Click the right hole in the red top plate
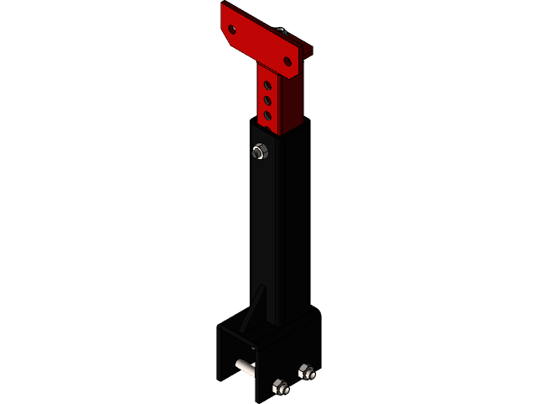click(x=287, y=61)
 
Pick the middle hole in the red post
click(x=266, y=99)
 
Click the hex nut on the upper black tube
click(x=260, y=152)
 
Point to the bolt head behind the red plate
click(x=281, y=32)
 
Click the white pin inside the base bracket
click(x=245, y=368)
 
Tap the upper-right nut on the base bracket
click(x=306, y=370)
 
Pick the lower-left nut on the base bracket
click(x=280, y=387)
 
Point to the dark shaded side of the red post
click(x=290, y=101)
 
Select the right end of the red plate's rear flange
click(x=309, y=52)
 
